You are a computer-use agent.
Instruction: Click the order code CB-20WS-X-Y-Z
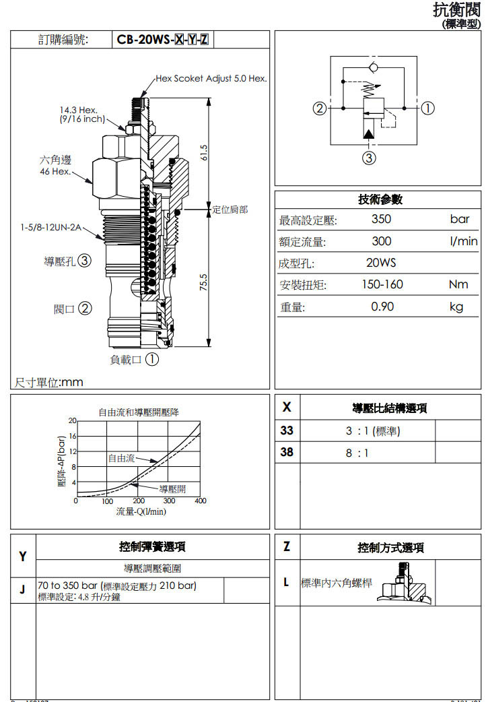[x=162, y=40]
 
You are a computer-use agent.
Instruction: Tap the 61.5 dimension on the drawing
[x=204, y=153]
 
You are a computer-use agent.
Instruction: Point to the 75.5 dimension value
[x=204, y=282]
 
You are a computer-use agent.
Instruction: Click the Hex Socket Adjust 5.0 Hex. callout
[x=211, y=79]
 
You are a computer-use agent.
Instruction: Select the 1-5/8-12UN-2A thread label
[x=50, y=228]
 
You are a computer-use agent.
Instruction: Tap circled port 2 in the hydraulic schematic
[x=320, y=108]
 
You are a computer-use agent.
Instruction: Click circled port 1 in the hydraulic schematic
[x=427, y=108]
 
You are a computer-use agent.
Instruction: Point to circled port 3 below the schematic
[x=369, y=158]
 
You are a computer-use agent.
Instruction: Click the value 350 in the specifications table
[x=381, y=219]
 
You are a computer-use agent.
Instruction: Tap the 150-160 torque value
[x=382, y=284]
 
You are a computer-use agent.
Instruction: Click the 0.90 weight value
[x=382, y=307]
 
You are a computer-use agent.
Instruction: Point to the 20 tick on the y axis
[x=72, y=420]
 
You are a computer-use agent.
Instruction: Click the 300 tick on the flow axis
[x=169, y=501]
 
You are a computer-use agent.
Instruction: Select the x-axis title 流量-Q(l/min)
[x=141, y=511]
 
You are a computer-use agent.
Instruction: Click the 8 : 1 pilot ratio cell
[x=357, y=453]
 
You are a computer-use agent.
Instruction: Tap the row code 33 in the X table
[x=287, y=430]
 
